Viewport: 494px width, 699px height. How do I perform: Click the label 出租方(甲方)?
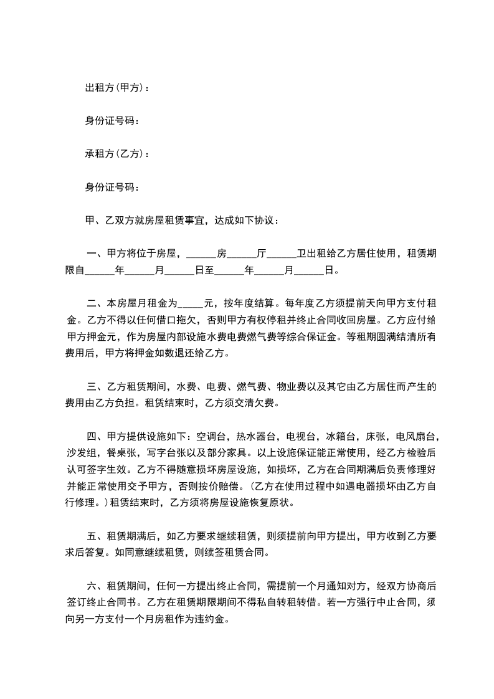[x=115, y=88]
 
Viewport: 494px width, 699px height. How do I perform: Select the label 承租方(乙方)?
[x=115, y=153]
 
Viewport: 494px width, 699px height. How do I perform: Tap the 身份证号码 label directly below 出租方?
[x=110, y=121]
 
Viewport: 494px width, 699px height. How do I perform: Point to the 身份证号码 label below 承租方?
[x=110, y=186]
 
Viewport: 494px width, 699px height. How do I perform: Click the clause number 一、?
[x=97, y=254]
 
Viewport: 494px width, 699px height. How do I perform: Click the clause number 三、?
[x=97, y=386]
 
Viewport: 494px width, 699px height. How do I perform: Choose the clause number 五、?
[x=97, y=536]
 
